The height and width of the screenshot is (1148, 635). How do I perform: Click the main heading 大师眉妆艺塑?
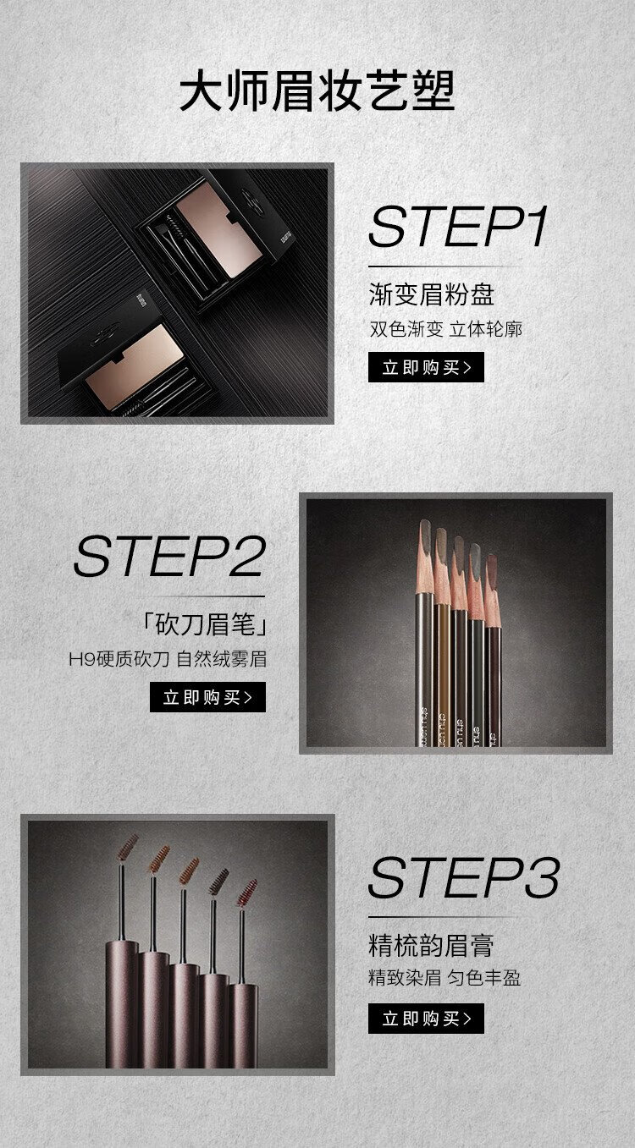(x=317, y=91)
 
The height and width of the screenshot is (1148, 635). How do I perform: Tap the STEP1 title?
(x=458, y=227)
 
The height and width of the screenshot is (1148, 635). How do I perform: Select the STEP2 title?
(x=169, y=556)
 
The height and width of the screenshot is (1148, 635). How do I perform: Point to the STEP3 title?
(x=464, y=877)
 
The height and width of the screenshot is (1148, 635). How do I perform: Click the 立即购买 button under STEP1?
(x=426, y=367)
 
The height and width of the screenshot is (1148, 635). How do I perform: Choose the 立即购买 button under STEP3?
(x=426, y=1019)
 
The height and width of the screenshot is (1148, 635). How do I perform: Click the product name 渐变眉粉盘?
(x=431, y=294)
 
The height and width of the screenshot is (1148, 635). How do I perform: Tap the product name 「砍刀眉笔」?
(x=204, y=624)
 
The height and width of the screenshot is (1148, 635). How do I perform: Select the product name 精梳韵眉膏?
(x=431, y=946)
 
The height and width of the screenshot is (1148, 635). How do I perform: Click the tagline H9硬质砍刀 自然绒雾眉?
(x=168, y=660)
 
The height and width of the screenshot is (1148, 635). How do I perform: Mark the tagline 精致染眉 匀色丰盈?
(x=444, y=978)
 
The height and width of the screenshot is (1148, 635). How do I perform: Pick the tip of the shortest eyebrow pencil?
(x=491, y=557)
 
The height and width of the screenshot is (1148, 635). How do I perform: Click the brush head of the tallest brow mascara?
(x=128, y=847)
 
